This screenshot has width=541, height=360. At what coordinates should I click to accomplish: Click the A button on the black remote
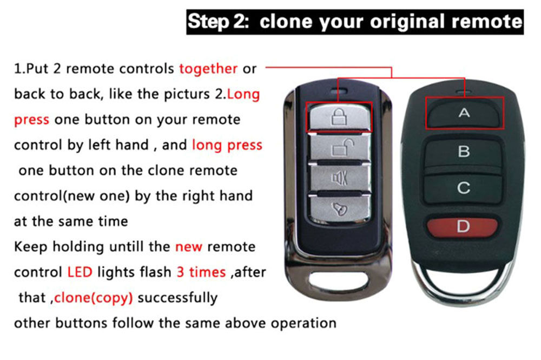(x=464, y=113)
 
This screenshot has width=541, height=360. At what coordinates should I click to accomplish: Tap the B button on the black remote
(x=464, y=151)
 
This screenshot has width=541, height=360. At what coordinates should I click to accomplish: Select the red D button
(x=464, y=226)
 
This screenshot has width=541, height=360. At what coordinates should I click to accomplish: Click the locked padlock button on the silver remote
(x=339, y=116)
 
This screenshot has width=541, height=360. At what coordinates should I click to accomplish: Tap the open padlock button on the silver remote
(x=339, y=148)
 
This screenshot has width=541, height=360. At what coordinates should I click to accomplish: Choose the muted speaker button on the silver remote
(x=339, y=178)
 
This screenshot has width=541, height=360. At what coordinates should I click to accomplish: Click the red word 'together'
(x=208, y=69)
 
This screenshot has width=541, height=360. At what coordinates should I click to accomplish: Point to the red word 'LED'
(x=80, y=272)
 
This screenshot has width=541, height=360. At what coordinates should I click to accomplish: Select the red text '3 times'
(x=201, y=272)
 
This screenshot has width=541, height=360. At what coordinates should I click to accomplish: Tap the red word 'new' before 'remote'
(x=188, y=246)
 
